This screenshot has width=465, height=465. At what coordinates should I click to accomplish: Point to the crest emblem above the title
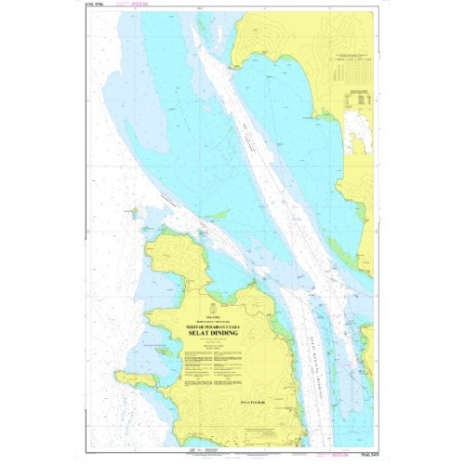point(213,311)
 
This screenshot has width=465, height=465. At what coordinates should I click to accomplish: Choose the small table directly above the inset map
point(359,98)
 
